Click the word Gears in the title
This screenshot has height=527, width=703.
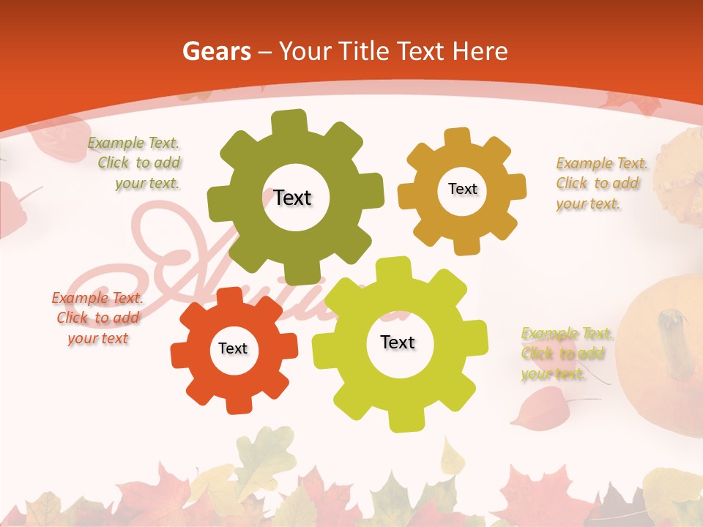216,51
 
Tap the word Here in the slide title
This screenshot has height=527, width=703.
480,51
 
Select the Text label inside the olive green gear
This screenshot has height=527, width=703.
293,198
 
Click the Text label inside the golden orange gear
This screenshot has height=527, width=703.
462,189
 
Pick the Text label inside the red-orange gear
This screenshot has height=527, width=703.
233,348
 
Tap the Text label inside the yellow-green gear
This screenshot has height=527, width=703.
398,342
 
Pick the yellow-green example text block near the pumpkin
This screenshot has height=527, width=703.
566,354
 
